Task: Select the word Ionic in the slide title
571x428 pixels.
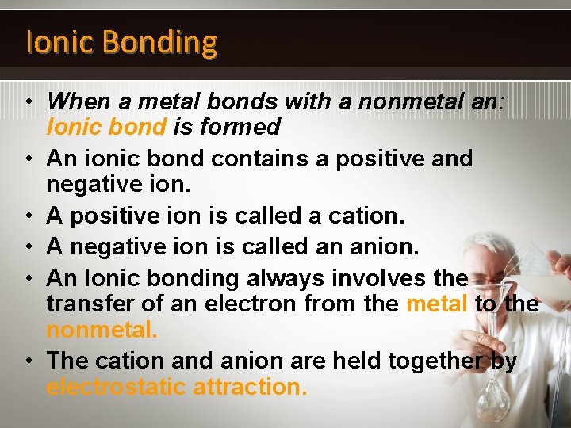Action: pos(53,41)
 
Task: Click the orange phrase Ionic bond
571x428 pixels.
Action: pos(106,127)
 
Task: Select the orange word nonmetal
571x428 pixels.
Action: pos(102,330)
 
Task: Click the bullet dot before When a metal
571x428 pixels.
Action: pos(28,101)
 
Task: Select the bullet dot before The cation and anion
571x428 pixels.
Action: pos(28,362)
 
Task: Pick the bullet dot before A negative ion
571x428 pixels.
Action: pos(28,247)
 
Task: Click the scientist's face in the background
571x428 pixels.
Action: pos(492,270)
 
